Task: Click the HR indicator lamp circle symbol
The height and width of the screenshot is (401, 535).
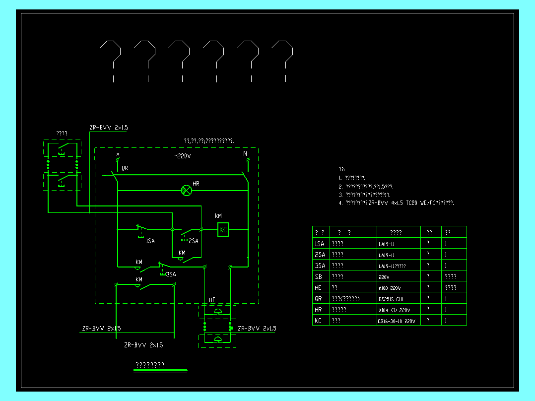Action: coord(187,190)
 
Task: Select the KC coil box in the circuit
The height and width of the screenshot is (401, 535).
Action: coord(223,229)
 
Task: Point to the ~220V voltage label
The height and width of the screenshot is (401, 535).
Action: coord(183,156)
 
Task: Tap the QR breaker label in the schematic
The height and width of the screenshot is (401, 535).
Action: coord(125,168)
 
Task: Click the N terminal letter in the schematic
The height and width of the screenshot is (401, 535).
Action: coord(245,154)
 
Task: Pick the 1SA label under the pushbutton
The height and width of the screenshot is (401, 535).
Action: coord(150,241)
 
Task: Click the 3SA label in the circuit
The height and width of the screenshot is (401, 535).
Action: coord(171,274)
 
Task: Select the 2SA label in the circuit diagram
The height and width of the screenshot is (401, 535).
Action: coord(193,241)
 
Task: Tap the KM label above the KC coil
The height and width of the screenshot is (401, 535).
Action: coord(218,216)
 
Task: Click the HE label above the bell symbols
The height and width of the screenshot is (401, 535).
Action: coord(212,300)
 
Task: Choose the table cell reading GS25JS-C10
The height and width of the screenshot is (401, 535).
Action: coord(391,299)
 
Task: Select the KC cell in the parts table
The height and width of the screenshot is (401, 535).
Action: coord(319,321)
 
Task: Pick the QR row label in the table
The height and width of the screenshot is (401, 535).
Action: coord(319,299)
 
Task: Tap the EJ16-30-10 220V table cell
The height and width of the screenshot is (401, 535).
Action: coord(397,321)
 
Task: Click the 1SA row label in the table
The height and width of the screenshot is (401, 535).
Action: coord(320,244)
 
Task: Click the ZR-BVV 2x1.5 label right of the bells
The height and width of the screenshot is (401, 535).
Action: coord(257,329)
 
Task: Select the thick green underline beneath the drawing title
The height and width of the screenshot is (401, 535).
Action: coord(160,370)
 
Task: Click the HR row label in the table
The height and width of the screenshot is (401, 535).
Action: coord(319,310)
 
